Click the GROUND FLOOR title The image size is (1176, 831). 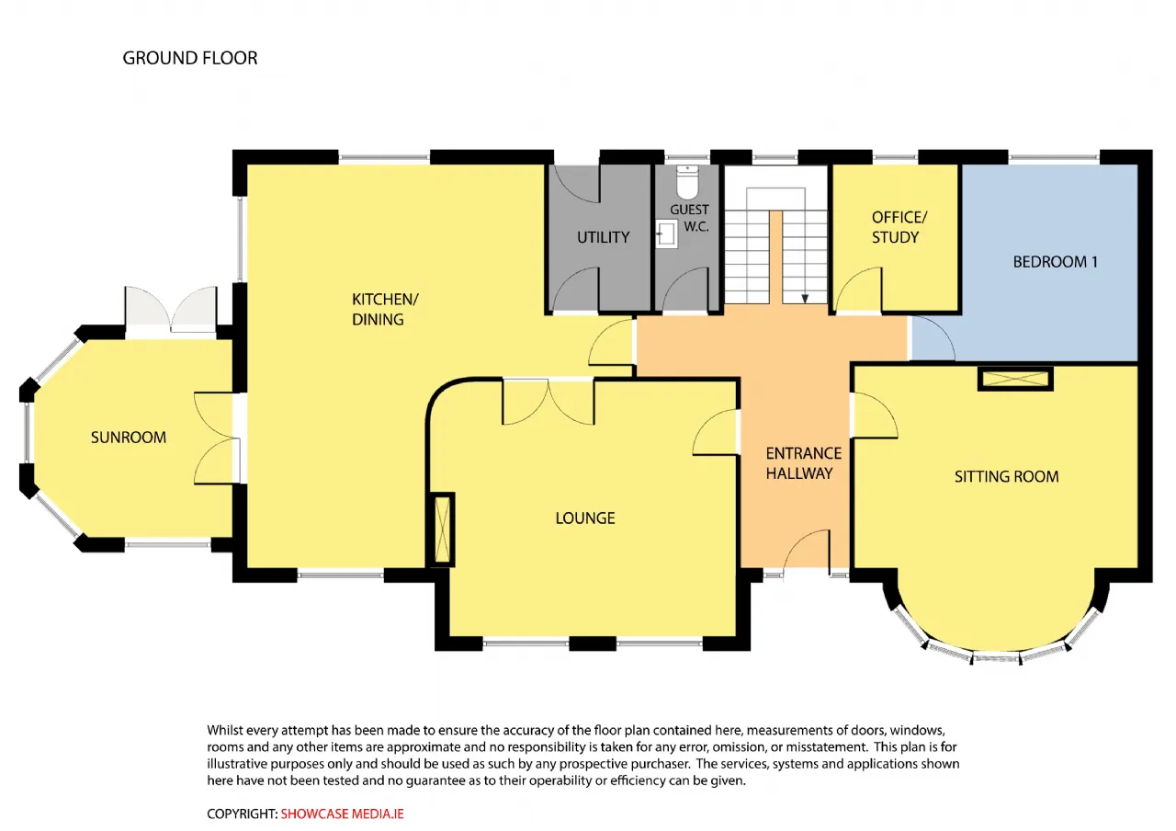190,58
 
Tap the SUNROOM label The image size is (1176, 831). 129,437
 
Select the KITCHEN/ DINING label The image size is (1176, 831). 385,310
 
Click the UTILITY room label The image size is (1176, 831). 604,237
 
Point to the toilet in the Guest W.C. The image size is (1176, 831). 687,181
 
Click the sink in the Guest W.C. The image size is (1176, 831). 667,233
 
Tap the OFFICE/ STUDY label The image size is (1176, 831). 899,227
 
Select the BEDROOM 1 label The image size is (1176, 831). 1056,262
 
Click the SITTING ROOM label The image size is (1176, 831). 1006,476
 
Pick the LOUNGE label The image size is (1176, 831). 585,518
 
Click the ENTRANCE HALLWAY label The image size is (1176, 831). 803,463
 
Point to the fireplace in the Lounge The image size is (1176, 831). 442,529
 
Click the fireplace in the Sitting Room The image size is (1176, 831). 1015,379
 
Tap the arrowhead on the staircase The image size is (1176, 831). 805,299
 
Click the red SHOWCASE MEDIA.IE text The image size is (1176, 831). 343,814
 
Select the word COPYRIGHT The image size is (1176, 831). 241,814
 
